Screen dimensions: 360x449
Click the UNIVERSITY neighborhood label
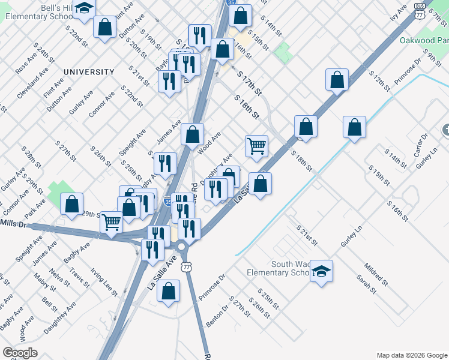tap(89, 72)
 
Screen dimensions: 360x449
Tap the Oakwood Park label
tap(423, 41)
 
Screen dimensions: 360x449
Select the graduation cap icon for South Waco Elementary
tap(321, 271)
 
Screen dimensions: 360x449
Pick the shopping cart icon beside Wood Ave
tap(256, 146)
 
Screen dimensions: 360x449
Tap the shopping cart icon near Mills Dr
tap(112, 221)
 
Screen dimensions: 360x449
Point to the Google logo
tap(19, 353)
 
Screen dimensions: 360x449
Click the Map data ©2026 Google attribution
tap(411, 355)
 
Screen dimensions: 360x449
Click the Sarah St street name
tap(366, 284)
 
